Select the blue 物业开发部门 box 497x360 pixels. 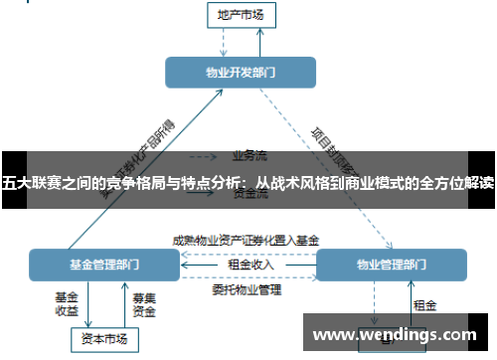tap(241, 73)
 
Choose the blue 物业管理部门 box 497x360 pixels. tap(390, 265)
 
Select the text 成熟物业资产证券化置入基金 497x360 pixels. tap(246, 240)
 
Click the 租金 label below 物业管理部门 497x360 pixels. tap(424, 304)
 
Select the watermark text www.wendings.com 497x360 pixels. tap(395, 334)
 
